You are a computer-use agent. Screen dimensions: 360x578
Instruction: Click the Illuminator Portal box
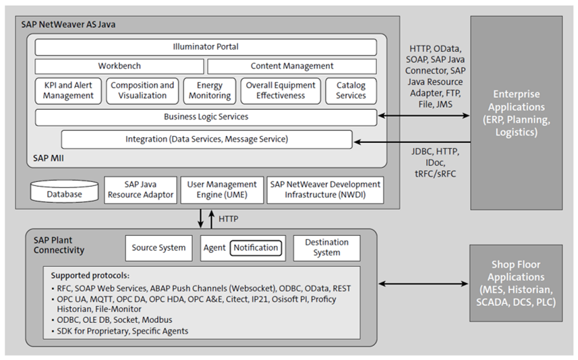tap(206, 47)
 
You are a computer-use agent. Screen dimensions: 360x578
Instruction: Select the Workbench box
tap(119, 66)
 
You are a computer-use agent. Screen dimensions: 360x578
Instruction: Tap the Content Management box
tap(291, 66)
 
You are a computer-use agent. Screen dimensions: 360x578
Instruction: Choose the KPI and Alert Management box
tap(68, 90)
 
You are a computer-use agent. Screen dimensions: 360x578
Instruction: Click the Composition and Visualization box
tap(142, 90)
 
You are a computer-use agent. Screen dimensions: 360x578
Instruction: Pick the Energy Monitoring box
tap(210, 90)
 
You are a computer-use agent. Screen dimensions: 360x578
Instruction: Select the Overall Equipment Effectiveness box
tap(280, 90)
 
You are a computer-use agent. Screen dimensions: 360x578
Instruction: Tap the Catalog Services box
tap(351, 90)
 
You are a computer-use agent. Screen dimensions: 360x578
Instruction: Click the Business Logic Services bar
tap(206, 117)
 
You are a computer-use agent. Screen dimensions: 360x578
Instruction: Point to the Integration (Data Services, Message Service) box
tap(206, 140)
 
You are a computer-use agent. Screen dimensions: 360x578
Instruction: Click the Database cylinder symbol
tap(64, 193)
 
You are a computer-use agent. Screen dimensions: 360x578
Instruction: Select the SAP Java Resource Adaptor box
tap(140, 189)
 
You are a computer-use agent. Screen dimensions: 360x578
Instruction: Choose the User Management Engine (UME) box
tap(221, 189)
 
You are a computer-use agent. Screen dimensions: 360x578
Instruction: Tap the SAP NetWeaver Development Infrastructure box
tap(325, 189)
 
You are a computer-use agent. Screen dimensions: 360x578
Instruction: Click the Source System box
tap(158, 248)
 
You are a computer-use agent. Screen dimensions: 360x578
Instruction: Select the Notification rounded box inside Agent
tap(256, 248)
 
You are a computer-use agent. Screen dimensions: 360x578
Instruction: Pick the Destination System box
tap(326, 247)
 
